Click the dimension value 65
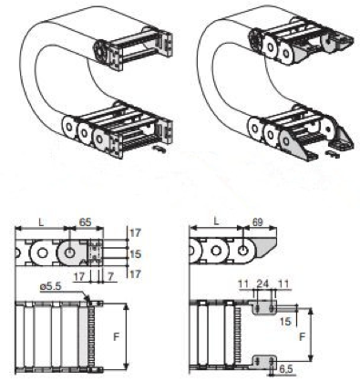85,221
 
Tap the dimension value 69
257,222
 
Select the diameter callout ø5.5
50,287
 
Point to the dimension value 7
110,276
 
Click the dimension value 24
262,284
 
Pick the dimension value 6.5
285,369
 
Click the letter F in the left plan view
116,336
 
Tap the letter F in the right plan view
302,337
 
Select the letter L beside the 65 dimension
41,222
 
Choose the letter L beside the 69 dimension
216,221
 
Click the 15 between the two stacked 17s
136,254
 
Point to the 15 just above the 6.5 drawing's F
285,322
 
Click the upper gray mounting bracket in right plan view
263,307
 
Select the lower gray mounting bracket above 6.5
264,362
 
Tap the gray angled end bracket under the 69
265,246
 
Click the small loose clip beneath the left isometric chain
159,149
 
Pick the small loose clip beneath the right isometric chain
333,154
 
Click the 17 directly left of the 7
79,276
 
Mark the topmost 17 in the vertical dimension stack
136,233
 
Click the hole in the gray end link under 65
70,252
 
